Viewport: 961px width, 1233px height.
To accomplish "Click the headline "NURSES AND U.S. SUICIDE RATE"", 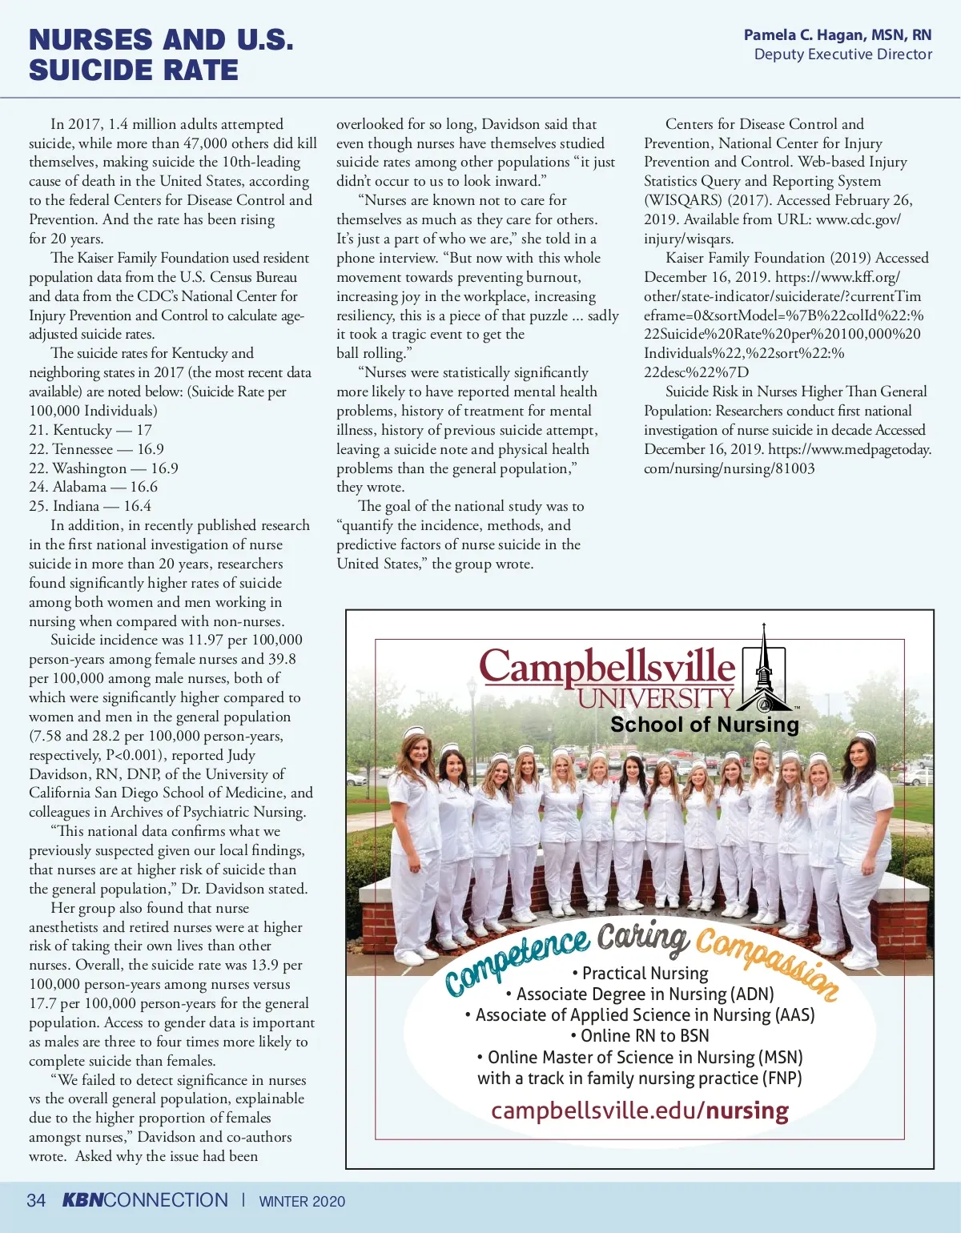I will [160, 54].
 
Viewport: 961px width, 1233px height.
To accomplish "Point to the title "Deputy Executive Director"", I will [842, 54].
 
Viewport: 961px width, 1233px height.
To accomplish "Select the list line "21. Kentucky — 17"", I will [90, 430].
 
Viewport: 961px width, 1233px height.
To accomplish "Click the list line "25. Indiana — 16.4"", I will [90, 506].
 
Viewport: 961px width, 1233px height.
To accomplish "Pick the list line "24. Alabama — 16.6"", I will [93, 487].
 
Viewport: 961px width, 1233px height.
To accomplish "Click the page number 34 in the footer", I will [36, 1200].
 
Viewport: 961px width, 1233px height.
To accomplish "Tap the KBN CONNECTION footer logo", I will [145, 1200].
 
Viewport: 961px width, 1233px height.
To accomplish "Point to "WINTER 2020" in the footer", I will [302, 1201].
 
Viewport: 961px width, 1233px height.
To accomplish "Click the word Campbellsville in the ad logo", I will [606, 666].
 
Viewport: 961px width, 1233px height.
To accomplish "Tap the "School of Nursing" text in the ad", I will [705, 725].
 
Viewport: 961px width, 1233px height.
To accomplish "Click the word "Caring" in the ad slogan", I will [642, 937].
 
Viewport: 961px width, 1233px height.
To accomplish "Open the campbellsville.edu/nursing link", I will [639, 1111].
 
